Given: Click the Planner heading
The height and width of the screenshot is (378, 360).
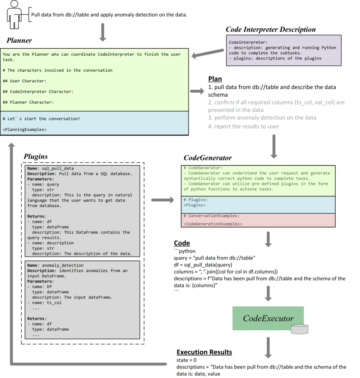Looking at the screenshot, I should (19, 41).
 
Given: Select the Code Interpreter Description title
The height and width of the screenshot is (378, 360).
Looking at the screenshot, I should (270, 30).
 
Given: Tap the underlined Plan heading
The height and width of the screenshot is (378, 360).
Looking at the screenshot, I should (215, 79).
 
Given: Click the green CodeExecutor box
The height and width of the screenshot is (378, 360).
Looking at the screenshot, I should (268, 318).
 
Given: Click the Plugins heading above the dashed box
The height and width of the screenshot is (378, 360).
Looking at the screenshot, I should (36, 156).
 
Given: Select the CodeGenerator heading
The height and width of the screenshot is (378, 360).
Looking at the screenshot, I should (208, 158).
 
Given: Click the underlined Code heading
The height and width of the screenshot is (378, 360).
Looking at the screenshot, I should (182, 243).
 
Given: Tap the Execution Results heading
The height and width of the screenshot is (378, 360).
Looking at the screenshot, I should (204, 352).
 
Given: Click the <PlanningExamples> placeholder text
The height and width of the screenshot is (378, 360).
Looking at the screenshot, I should (24, 130).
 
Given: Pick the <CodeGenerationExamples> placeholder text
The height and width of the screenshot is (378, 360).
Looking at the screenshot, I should (212, 224).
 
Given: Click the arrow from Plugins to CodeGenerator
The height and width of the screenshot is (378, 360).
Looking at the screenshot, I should (162, 200).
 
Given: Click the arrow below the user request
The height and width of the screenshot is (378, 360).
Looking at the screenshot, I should (103, 32).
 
